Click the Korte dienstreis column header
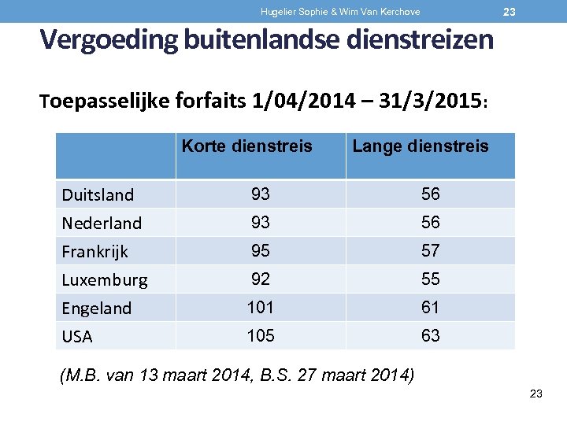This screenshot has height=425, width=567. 246,146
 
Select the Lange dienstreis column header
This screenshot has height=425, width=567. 420,146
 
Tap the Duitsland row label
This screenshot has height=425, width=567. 98,194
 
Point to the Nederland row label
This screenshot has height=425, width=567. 102,224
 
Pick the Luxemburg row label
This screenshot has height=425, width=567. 105,280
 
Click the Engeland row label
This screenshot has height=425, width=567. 97,309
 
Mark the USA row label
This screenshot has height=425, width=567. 77,337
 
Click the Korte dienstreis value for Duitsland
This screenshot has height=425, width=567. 260,194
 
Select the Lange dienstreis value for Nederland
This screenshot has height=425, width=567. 430,223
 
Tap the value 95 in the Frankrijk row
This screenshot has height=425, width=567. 260,251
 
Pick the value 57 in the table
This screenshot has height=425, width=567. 430,251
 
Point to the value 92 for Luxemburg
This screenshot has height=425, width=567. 260,279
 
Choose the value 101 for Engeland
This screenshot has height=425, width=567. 260,308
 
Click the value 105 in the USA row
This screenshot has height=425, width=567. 260,336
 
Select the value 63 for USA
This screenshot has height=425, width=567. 430,336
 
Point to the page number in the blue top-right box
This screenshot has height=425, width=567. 510,12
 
